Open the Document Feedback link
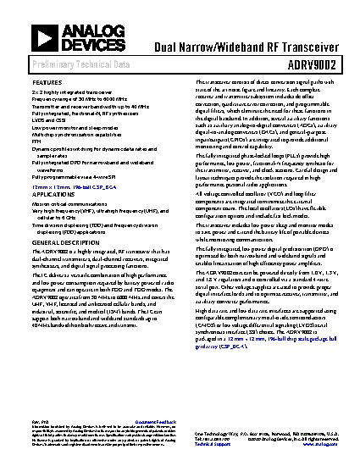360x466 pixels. (x=155, y=421)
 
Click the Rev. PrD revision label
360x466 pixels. (x=39, y=421)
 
